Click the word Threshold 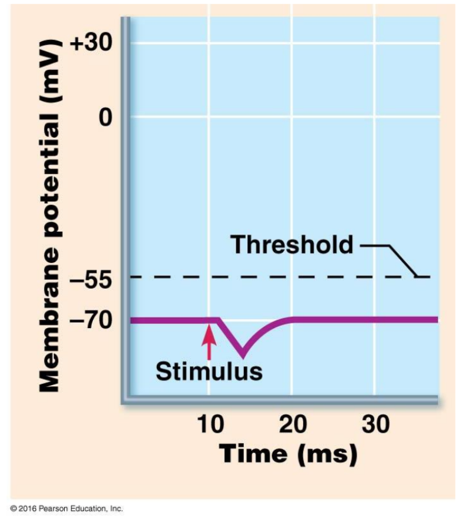(x=292, y=244)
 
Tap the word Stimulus (x=209, y=372)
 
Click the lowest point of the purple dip (x=242, y=355)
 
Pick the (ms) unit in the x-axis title (x=326, y=454)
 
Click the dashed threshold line (x=264, y=277)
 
